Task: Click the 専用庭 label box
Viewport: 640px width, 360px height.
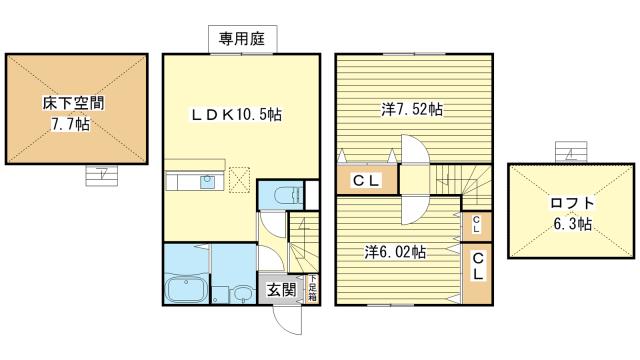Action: point(243,39)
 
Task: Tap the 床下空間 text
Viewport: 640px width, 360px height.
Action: point(73,103)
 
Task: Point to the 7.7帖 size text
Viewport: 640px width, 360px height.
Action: point(70,124)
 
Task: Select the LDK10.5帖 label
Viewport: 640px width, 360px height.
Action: point(236,115)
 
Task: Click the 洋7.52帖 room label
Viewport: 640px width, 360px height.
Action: point(412,109)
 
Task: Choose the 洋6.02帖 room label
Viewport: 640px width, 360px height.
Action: point(395,252)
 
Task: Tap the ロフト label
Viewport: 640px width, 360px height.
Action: point(572,203)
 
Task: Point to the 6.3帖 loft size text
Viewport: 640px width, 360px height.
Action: point(573,224)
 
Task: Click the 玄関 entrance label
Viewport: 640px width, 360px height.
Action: point(281,290)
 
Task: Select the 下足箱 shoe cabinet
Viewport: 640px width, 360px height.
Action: point(312,288)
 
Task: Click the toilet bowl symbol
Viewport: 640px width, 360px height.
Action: point(288,196)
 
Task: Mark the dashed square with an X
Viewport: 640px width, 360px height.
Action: point(240,180)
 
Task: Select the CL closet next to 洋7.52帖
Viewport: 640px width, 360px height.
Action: point(367,179)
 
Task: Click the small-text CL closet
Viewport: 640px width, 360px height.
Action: point(476,225)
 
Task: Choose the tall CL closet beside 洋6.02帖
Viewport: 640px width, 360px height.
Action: point(477,273)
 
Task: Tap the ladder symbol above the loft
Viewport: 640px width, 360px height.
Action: point(571,152)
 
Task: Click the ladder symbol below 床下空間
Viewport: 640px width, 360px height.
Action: point(102,176)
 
